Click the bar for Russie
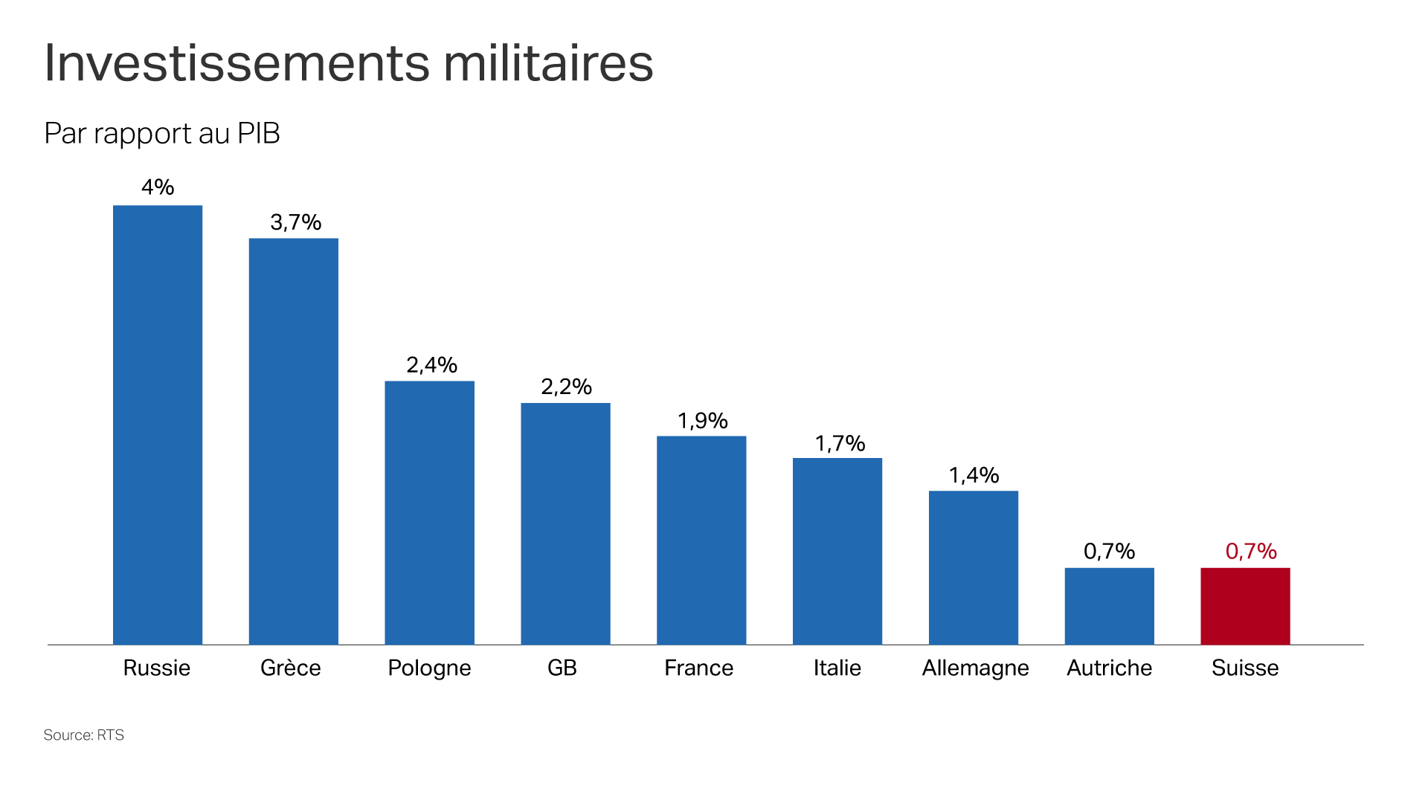(x=158, y=425)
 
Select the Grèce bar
(x=294, y=441)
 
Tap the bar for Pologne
(x=429, y=512)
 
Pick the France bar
(x=701, y=540)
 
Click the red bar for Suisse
(x=1245, y=606)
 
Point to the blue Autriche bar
(x=1109, y=606)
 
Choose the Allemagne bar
(x=973, y=567)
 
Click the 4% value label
(x=158, y=187)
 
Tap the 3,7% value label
(x=295, y=222)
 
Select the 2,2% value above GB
(x=566, y=387)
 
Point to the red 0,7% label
(x=1251, y=551)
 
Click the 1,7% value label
(x=840, y=444)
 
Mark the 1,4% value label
(x=974, y=475)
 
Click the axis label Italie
(x=837, y=668)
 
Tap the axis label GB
(x=562, y=668)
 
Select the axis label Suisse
(x=1245, y=668)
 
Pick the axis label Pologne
(x=429, y=668)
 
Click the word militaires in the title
(x=548, y=63)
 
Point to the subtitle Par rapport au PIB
(x=162, y=134)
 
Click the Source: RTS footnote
(x=84, y=735)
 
